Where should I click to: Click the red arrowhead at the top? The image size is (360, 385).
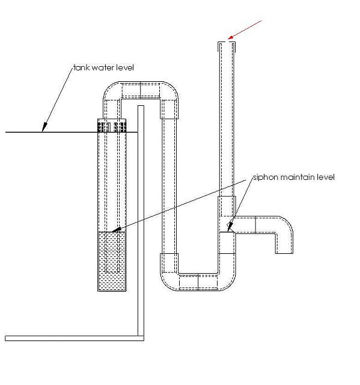231,37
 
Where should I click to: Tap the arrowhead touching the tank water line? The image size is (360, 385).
44,127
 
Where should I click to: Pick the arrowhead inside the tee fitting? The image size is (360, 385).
230,227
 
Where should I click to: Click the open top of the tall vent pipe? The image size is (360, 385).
227,43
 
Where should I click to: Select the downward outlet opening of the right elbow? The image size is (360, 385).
284,253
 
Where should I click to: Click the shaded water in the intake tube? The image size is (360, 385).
112,260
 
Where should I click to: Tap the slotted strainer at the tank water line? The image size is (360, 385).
112,126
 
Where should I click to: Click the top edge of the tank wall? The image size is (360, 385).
141,106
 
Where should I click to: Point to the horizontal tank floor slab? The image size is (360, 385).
75,338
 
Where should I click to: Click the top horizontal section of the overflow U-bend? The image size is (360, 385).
141,90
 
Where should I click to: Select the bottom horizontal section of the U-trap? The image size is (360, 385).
198,282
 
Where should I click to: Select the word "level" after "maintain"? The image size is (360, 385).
326,177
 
